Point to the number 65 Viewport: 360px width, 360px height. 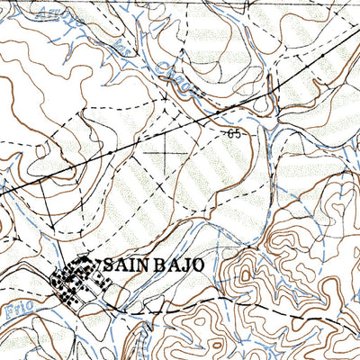(236, 134)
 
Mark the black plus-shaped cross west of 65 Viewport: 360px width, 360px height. (169, 152)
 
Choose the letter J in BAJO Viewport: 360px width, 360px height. (184, 265)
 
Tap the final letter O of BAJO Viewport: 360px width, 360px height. (198, 265)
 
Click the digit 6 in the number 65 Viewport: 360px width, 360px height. (232, 134)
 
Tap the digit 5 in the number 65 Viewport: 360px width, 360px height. (239, 134)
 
